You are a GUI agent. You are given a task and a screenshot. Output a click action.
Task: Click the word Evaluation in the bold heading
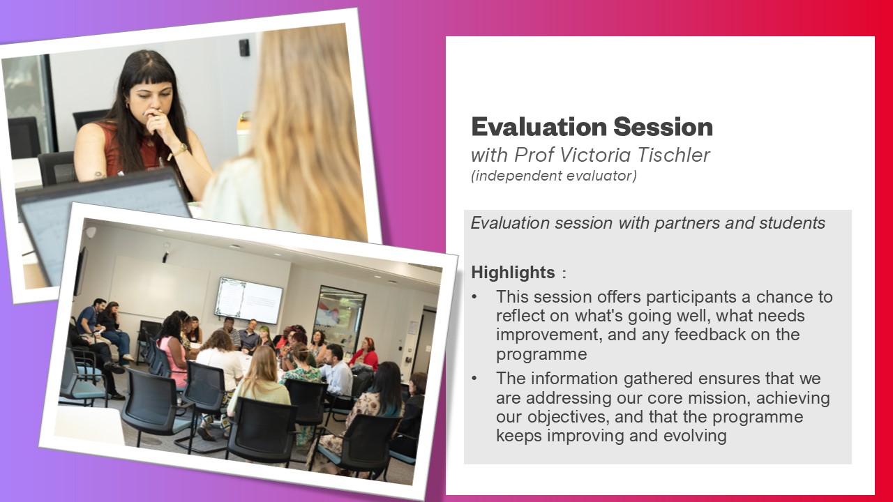pyautogui.click(x=539, y=127)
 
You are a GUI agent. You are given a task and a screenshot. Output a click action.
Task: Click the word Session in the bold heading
pyautogui.click(x=663, y=127)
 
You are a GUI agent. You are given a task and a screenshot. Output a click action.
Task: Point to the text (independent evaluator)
pyautogui.click(x=554, y=176)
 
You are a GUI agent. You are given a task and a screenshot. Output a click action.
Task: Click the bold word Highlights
pyautogui.click(x=513, y=273)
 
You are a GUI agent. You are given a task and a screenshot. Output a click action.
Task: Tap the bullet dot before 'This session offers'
pyautogui.click(x=474, y=297)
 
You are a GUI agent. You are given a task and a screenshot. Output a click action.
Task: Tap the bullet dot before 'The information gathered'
pyautogui.click(x=474, y=379)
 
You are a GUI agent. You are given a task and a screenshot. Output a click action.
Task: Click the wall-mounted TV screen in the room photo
pyautogui.click(x=248, y=300)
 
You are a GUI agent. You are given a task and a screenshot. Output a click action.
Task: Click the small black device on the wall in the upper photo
pyautogui.click(x=244, y=47)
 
